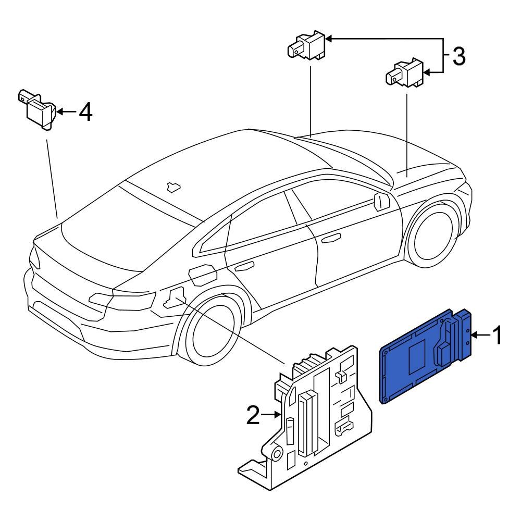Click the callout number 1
point(497,336)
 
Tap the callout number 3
point(458,56)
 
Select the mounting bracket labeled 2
point(313,417)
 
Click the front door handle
point(330,239)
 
